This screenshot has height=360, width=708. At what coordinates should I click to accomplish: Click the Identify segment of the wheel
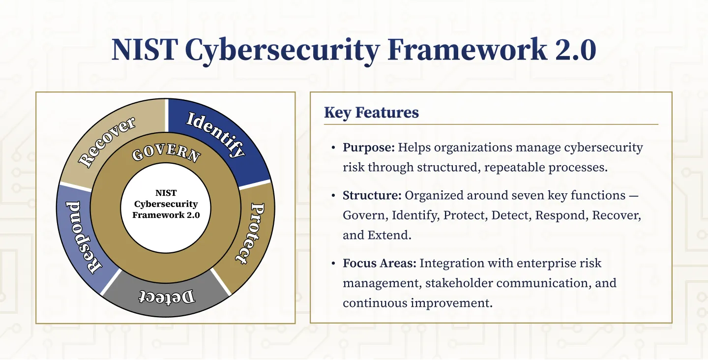[x=216, y=135]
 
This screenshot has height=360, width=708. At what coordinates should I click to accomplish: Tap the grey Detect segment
[x=166, y=297]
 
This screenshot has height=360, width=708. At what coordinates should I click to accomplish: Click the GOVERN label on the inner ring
[x=166, y=153]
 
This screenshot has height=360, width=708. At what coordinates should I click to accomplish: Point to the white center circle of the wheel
[x=166, y=209]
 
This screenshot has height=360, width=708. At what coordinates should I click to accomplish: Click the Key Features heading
[x=371, y=113]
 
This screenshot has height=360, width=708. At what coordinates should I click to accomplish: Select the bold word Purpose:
[x=369, y=148]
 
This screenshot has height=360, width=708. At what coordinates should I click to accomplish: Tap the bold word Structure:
[x=372, y=195]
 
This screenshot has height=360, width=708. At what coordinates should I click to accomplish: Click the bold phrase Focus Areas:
[x=380, y=263]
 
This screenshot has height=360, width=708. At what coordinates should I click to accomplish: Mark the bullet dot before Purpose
[x=333, y=148]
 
